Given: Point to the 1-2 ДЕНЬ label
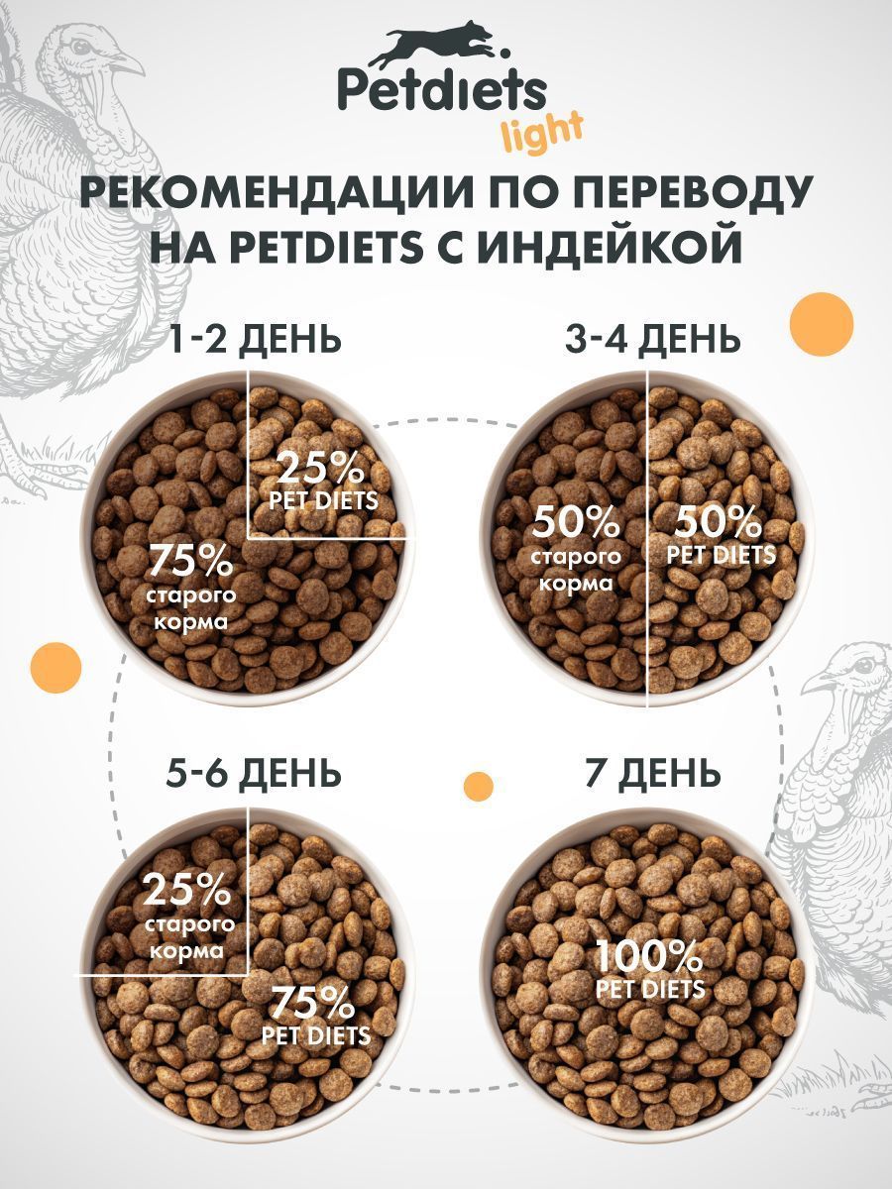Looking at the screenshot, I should (255, 340).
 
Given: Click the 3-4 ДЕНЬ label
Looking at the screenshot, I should (652, 340).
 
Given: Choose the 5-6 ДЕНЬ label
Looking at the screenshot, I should (254, 771).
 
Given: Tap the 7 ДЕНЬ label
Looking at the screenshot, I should (652, 771).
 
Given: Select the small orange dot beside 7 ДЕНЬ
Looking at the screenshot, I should (479, 786).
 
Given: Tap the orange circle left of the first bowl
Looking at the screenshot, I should (56, 667).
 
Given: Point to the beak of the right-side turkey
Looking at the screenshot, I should (815, 682).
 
